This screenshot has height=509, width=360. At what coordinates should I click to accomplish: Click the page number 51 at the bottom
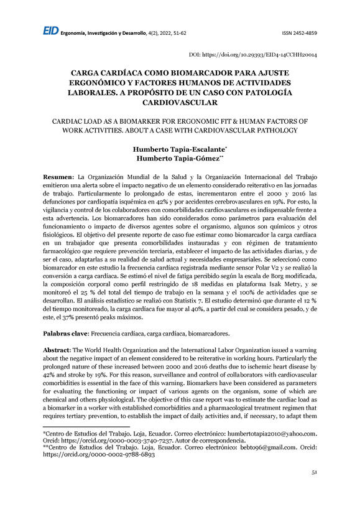click(x=314, y=490)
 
